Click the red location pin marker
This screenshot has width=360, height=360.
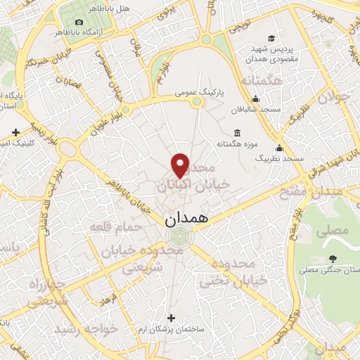coord(181,165)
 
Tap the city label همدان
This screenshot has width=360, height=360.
coord(188,219)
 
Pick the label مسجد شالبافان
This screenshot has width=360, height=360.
coord(257,110)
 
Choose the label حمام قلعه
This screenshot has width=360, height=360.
coord(112,226)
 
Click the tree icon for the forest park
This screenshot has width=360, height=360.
coord(333,259)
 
